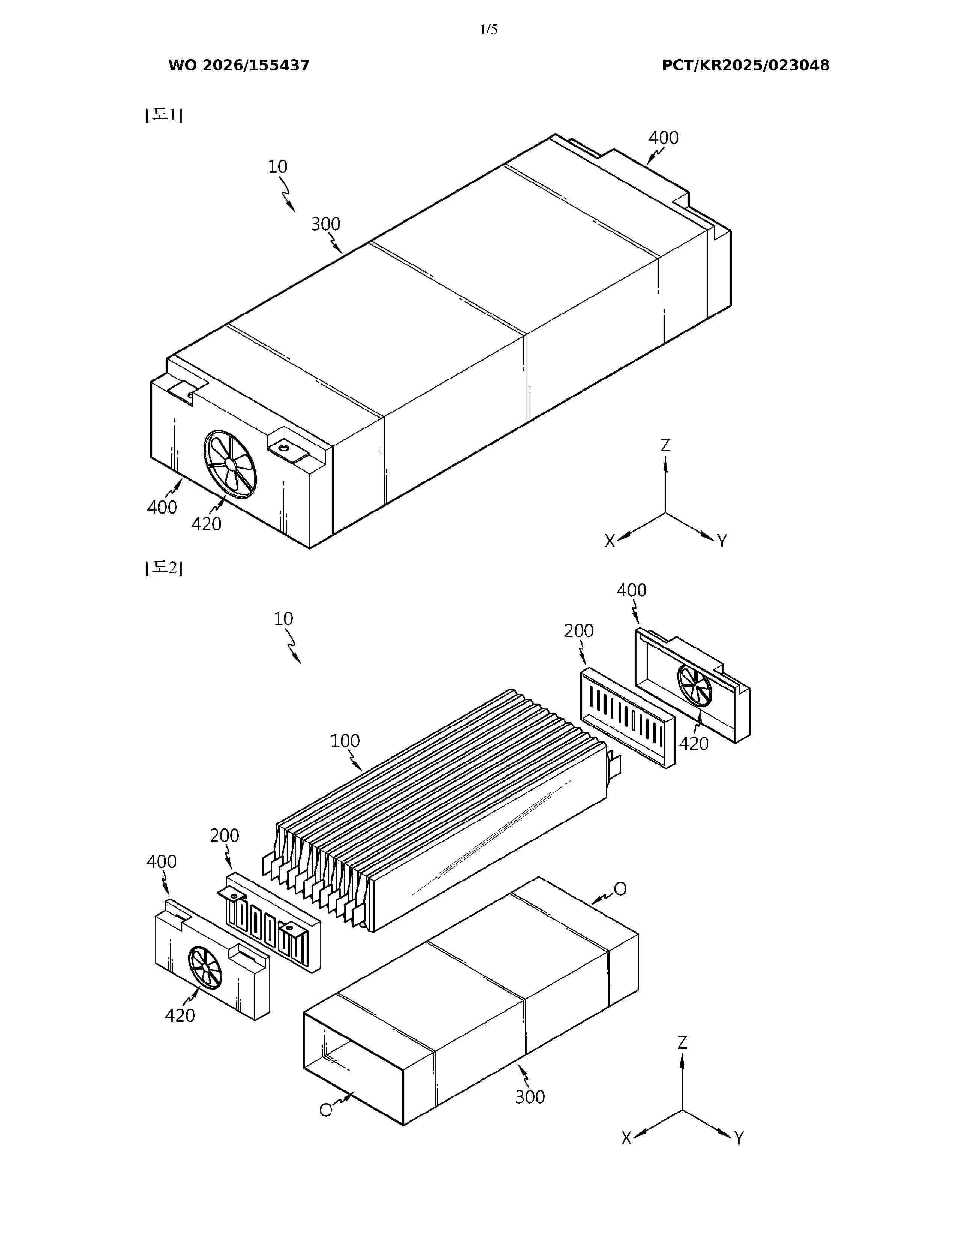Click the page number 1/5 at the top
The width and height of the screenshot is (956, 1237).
pyautogui.click(x=488, y=30)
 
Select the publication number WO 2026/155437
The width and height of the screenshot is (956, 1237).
pyautogui.click(x=239, y=66)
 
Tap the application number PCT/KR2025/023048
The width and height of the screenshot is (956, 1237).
pyautogui.click(x=745, y=66)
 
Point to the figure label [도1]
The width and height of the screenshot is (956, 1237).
pyautogui.click(x=164, y=115)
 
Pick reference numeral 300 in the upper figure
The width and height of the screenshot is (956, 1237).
pyautogui.click(x=326, y=224)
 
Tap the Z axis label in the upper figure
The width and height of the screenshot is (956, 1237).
pyautogui.click(x=665, y=445)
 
